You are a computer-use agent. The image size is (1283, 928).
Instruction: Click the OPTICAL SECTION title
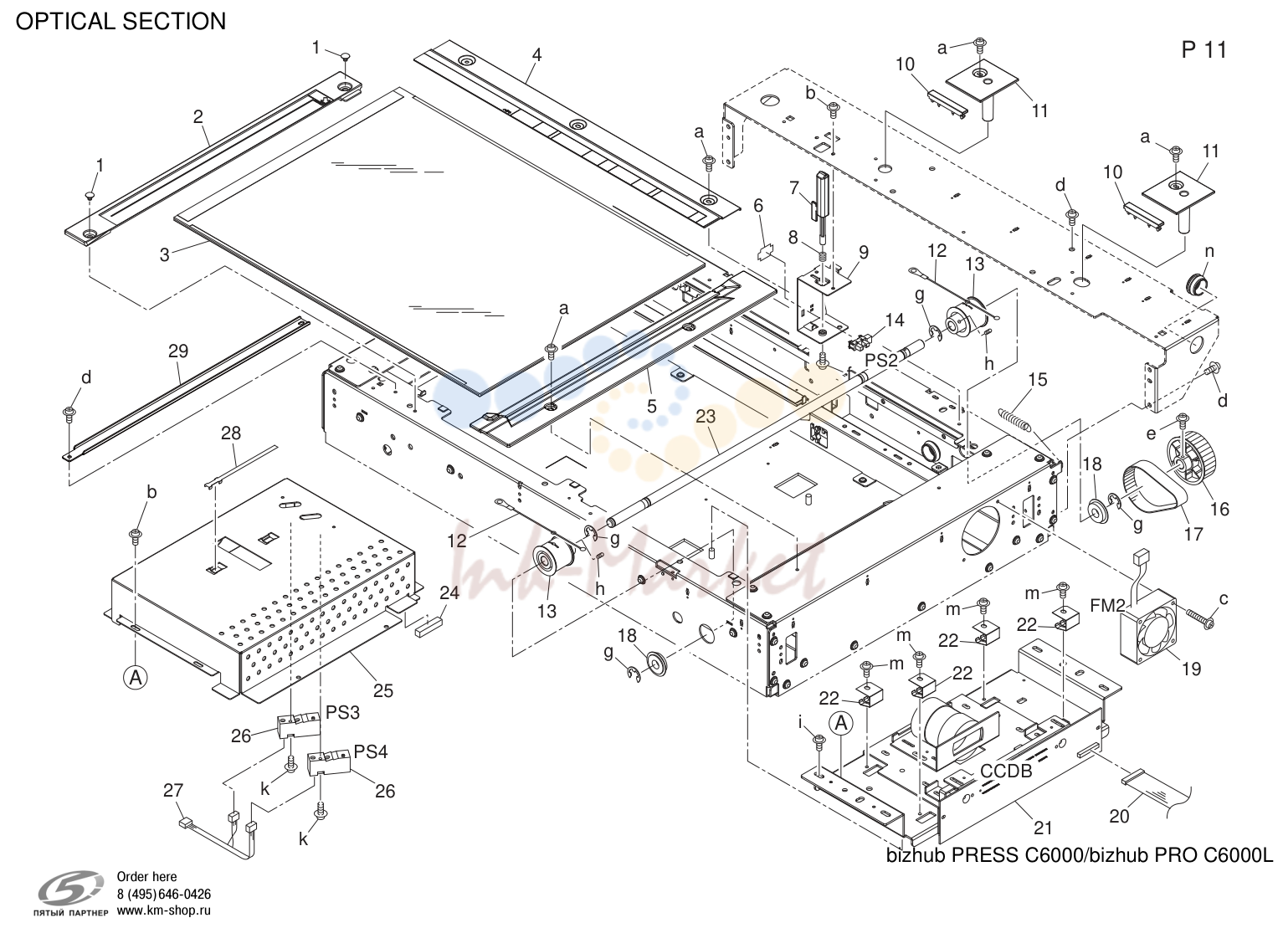(121, 22)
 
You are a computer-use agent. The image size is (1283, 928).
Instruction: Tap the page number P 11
(1204, 50)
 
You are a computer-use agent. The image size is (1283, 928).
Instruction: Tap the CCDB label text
(1006, 771)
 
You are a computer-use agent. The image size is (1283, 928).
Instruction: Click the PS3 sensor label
(343, 713)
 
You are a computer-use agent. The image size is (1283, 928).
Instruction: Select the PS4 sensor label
(371, 751)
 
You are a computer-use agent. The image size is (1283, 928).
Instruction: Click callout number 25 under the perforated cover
(383, 691)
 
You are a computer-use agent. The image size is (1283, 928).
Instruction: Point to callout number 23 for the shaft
(706, 417)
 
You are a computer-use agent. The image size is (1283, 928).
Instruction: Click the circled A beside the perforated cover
(136, 679)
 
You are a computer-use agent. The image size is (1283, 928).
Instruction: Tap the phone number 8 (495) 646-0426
(164, 895)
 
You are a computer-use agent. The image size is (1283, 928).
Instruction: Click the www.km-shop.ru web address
(164, 910)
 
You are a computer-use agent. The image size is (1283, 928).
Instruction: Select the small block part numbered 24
(430, 626)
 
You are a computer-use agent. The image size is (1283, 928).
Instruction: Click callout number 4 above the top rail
(536, 55)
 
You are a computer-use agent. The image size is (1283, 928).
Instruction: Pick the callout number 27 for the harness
(173, 791)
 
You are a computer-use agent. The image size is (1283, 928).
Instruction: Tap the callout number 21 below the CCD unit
(1043, 828)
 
